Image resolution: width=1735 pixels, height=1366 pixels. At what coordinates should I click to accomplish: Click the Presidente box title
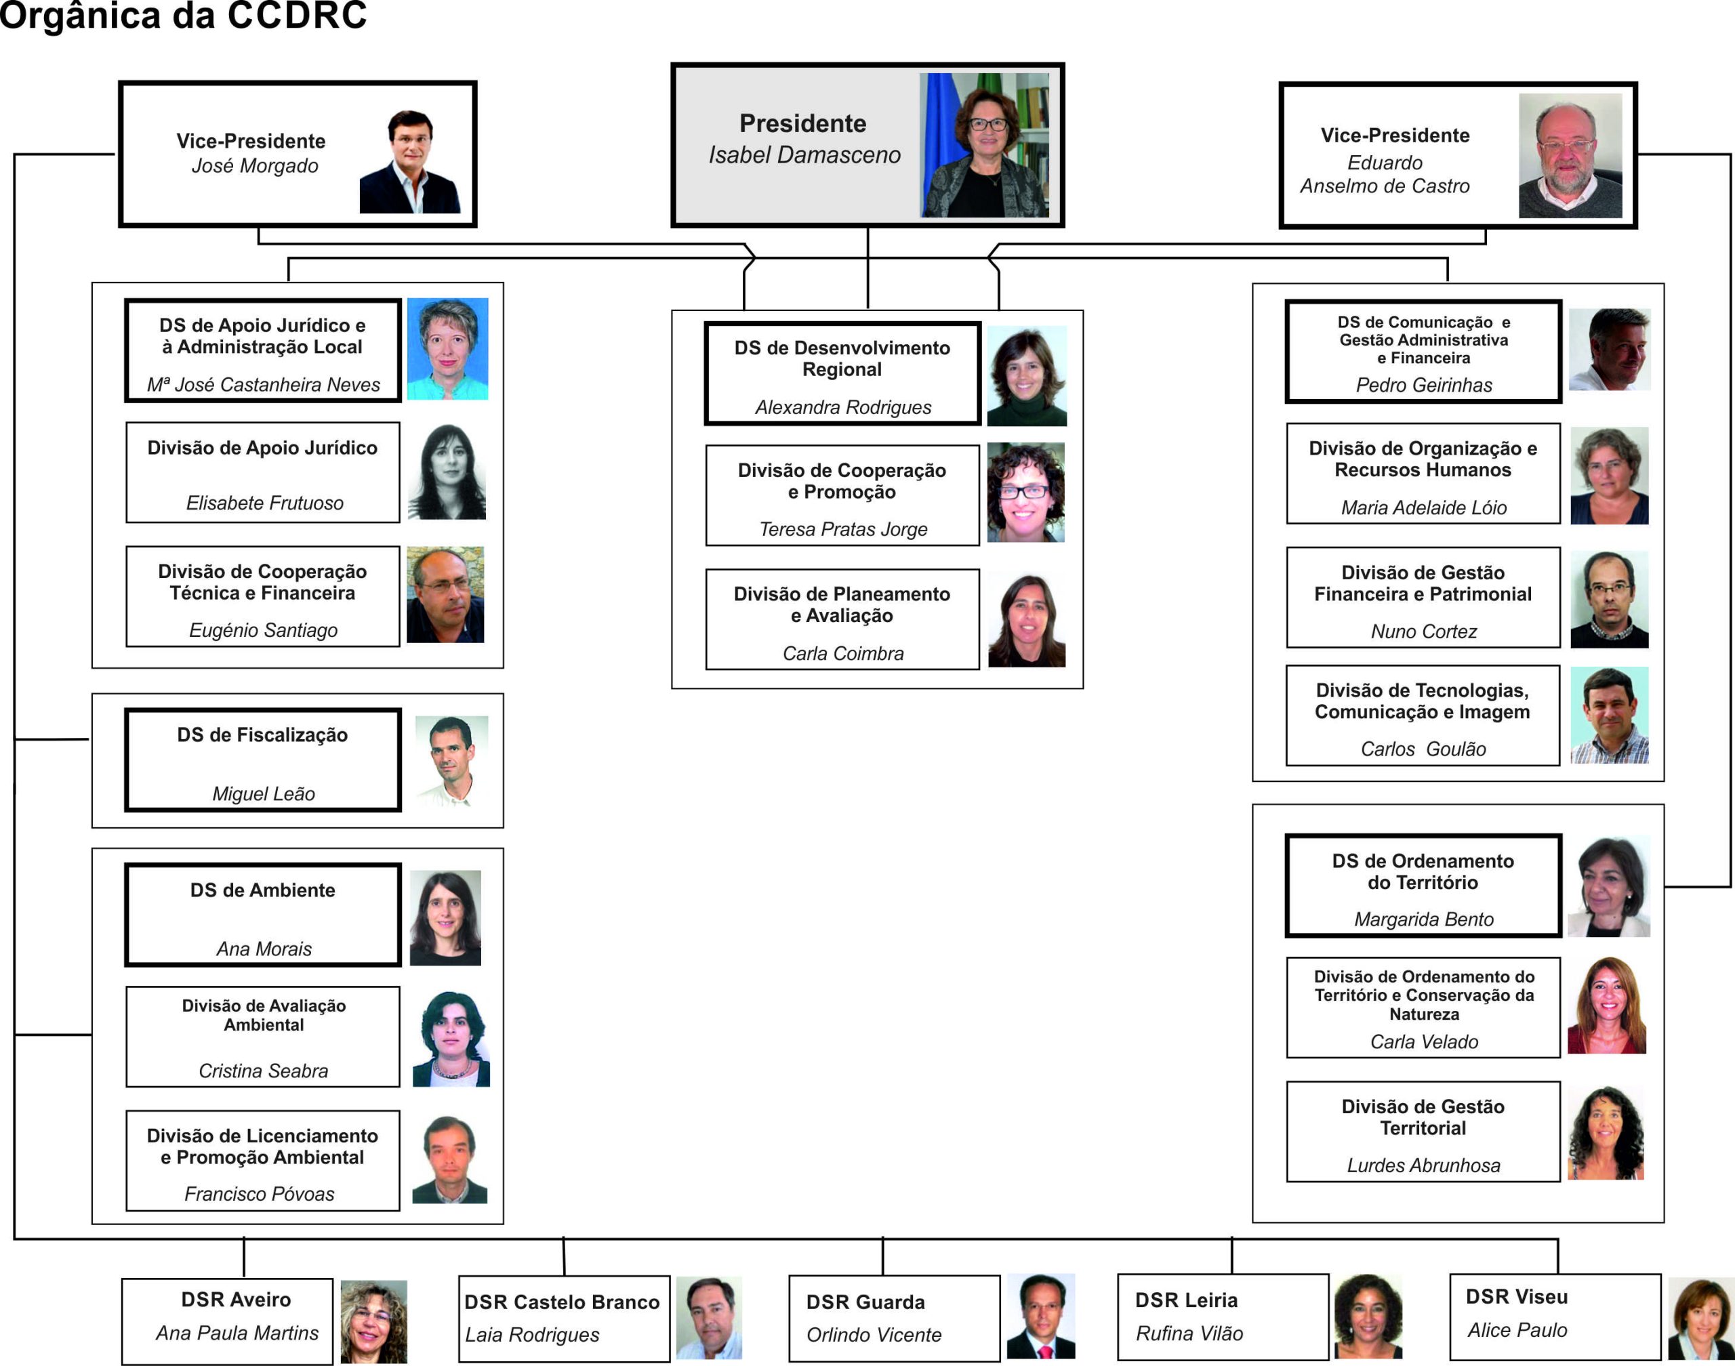click(802, 124)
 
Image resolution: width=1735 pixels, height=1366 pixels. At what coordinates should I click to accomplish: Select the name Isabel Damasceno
click(804, 155)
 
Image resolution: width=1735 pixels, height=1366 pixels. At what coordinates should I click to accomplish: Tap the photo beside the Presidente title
click(984, 146)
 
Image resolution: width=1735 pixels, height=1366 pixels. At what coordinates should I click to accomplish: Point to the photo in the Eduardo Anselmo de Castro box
click(1570, 156)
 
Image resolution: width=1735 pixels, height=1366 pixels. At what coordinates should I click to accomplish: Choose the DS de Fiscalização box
click(262, 760)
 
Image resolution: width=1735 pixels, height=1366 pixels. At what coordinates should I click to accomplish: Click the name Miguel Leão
click(263, 794)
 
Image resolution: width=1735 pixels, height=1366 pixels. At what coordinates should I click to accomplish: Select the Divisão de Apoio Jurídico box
click(262, 473)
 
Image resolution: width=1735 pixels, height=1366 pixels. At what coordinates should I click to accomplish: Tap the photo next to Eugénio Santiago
click(445, 595)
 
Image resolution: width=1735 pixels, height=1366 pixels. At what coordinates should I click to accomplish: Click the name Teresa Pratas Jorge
click(843, 529)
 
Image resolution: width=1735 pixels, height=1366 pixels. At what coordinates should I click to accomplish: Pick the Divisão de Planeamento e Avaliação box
click(842, 619)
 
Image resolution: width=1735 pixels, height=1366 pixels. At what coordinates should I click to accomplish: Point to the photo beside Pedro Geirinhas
click(1609, 350)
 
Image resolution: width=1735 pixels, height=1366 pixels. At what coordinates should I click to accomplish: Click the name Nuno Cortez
click(1423, 632)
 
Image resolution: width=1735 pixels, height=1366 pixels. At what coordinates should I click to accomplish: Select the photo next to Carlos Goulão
click(1609, 715)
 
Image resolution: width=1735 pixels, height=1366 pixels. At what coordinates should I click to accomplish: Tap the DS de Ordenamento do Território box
click(1423, 886)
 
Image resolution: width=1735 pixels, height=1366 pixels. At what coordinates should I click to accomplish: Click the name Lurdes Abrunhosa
click(1423, 1165)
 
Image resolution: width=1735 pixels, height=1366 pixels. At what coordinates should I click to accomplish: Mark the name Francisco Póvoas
click(259, 1194)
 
